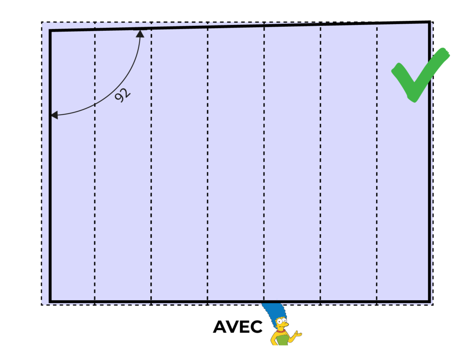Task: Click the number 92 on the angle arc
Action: point(122,95)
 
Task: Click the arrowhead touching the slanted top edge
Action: point(140,33)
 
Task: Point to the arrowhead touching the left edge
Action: point(54,115)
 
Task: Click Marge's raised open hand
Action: point(298,333)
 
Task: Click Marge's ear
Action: point(276,326)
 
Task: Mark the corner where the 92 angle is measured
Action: point(50,31)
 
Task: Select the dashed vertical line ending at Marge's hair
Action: point(264,179)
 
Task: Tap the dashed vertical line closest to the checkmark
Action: point(377,179)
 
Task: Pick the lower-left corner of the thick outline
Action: point(50,301)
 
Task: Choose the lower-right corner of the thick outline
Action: point(429,300)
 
